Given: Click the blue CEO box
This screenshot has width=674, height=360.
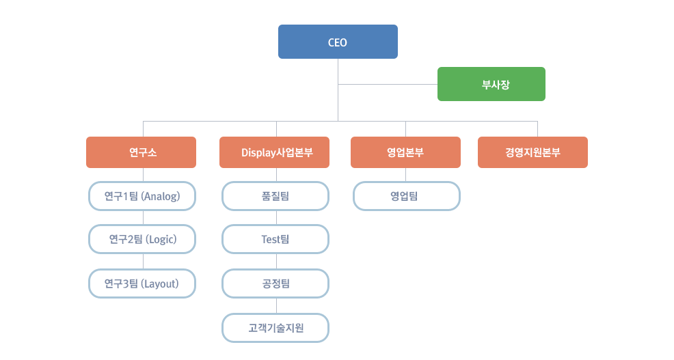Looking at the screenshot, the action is click(x=338, y=42).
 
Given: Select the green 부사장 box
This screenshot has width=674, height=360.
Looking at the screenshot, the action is click(x=491, y=84).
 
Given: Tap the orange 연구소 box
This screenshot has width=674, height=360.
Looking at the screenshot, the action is click(x=141, y=152).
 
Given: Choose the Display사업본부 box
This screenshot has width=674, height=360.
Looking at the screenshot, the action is click(x=274, y=152).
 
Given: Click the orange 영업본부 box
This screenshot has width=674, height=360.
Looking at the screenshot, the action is click(x=405, y=152).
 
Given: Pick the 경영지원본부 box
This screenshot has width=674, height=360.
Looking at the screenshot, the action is click(x=533, y=152).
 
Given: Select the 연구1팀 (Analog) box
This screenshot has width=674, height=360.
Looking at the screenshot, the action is click(x=142, y=196).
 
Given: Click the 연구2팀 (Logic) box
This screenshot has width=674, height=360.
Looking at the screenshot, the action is click(x=142, y=239).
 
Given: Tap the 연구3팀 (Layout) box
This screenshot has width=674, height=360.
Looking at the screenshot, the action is click(x=142, y=283).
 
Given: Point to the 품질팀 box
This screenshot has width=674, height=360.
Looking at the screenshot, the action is click(x=275, y=196).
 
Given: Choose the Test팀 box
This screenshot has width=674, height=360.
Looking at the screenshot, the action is click(x=275, y=239).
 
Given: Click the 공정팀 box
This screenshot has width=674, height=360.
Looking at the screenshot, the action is click(x=275, y=283).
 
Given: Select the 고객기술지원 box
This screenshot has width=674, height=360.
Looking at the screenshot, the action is click(x=275, y=328).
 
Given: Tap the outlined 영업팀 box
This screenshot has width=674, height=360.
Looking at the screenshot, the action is click(x=407, y=196).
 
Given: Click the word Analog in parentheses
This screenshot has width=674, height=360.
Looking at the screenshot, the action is click(x=161, y=197).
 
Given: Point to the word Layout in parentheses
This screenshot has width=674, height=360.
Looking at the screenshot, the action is click(x=161, y=284).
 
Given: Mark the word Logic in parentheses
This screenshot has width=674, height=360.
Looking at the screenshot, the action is click(x=161, y=240).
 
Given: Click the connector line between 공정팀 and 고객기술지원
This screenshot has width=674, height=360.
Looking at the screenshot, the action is click(x=276, y=306).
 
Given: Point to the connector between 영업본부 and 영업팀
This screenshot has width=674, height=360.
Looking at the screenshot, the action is click(x=406, y=175).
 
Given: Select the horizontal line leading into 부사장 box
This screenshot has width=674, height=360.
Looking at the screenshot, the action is click(x=388, y=84).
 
